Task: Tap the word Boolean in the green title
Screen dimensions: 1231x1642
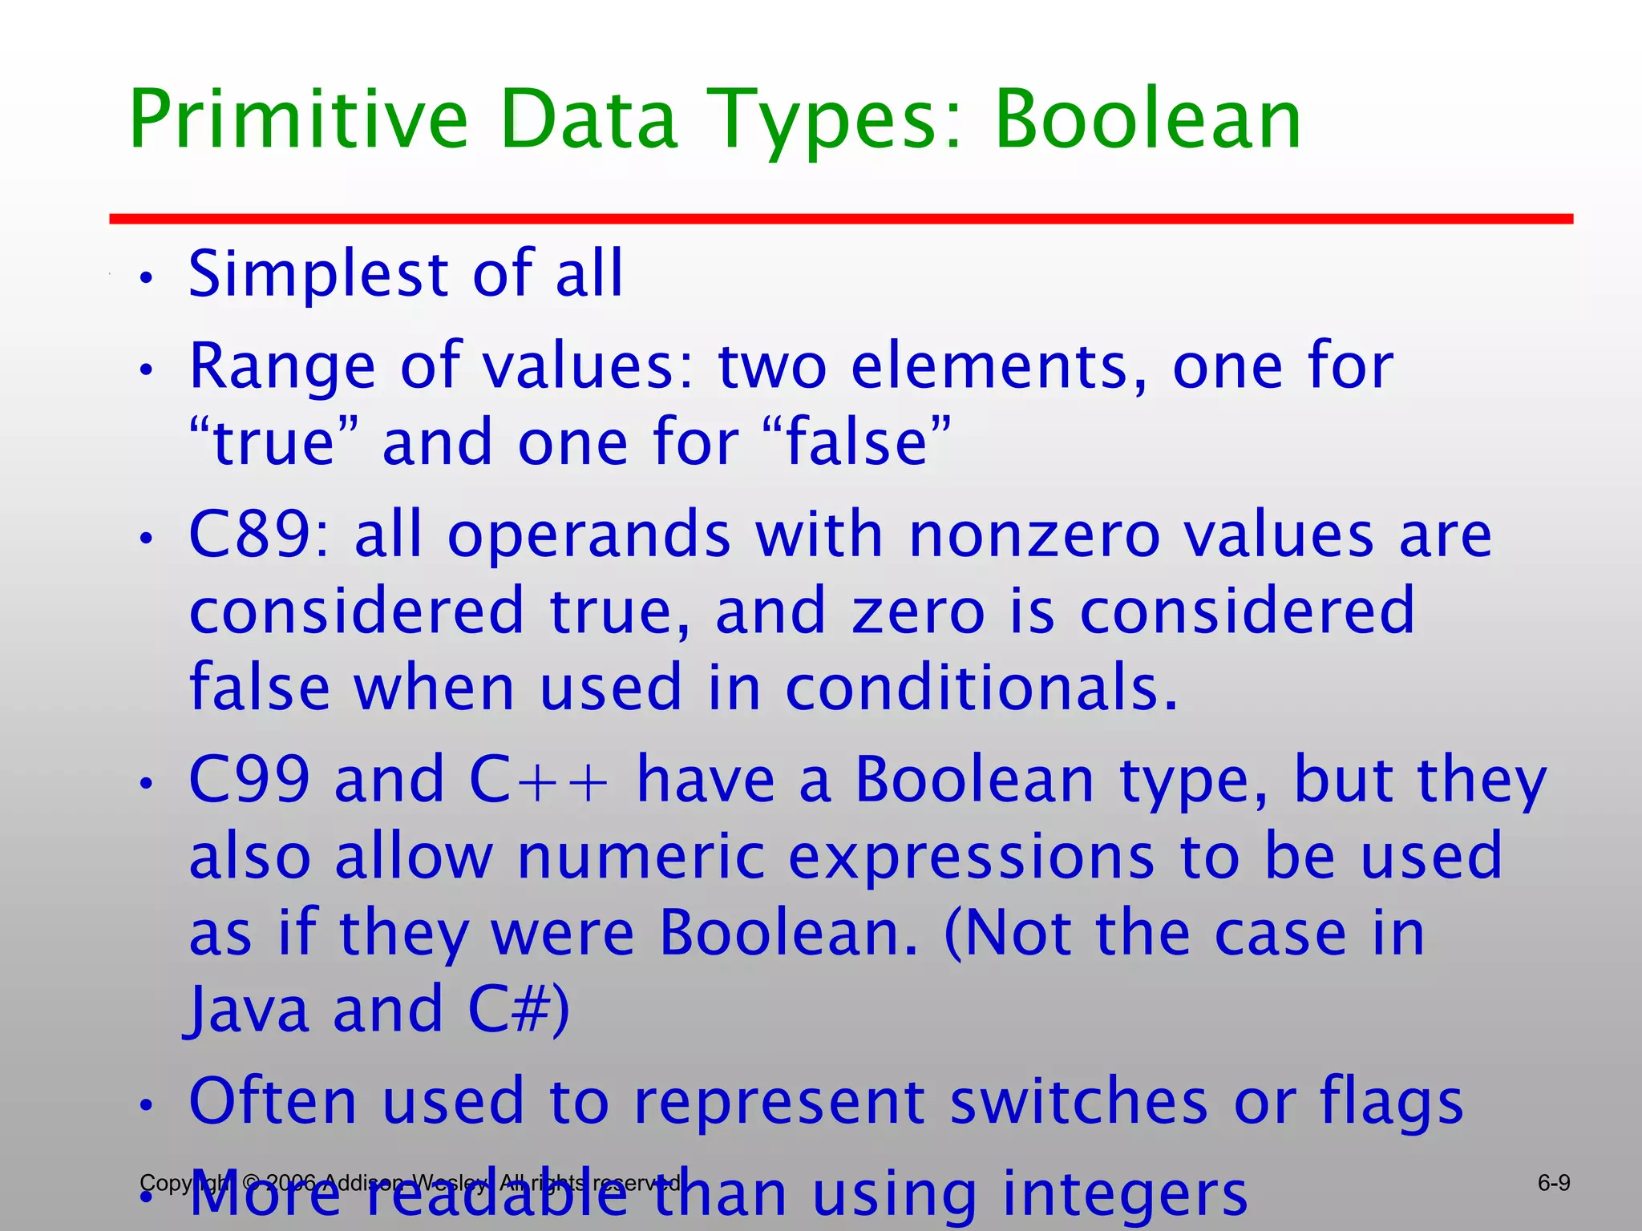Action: pos(1148,120)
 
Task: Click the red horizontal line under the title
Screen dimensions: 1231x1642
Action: pos(840,219)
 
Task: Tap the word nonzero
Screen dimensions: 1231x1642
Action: pos(1034,535)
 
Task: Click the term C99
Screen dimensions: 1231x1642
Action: pos(249,780)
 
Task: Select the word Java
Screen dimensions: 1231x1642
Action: pos(249,1010)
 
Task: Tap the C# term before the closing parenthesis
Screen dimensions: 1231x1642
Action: pos(508,1010)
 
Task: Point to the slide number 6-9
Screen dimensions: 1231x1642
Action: pos(1554,1183)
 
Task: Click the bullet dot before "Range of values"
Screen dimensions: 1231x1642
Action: pos(145,370)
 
